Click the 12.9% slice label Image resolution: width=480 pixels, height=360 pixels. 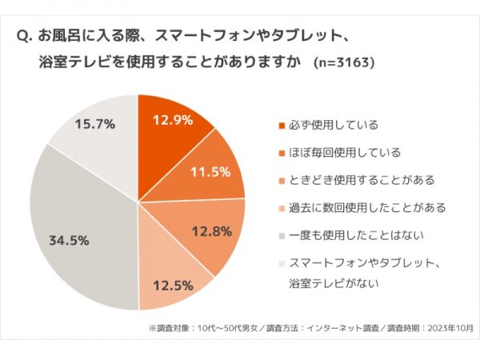(173, 121)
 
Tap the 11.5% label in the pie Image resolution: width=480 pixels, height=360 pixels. (211, 172)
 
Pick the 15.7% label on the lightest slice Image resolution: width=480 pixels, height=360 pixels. (94, 124)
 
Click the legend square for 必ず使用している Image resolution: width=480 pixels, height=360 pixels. (281, 126)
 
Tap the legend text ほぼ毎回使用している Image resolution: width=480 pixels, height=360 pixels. (343, 153)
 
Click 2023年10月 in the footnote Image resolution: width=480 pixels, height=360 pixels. (450, 328)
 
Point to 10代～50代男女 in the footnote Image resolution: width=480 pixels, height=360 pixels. (221, 328)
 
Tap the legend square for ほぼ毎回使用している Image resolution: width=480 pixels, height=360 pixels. (281, 153)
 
